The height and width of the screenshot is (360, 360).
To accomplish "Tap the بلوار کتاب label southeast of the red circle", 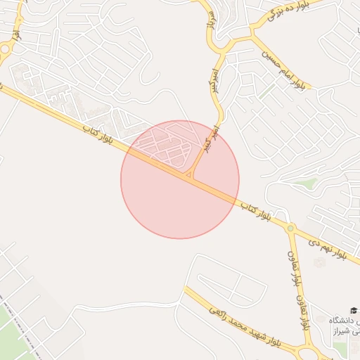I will [x=255, y=211].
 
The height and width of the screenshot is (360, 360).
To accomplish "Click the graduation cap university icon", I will [x=354, y=310].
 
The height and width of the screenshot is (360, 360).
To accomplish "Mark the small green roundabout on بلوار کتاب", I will [x=290, y=229].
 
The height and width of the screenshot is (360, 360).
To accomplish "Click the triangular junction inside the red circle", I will [x=190, y=173].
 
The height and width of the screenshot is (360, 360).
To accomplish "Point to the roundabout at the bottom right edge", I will [x=309, y=354].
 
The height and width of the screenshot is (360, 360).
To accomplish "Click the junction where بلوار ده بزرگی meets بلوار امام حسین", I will [x=251, y=32].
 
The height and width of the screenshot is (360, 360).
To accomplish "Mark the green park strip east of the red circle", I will [x=304, y=184].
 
